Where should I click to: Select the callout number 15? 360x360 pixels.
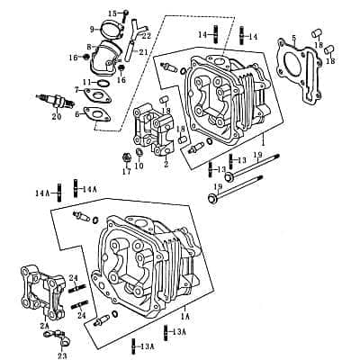112,13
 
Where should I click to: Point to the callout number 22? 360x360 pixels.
147,35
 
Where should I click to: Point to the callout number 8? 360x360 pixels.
89,46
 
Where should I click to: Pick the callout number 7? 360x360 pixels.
77,90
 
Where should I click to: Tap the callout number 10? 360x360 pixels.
139,166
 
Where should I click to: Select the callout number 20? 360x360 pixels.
57,116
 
